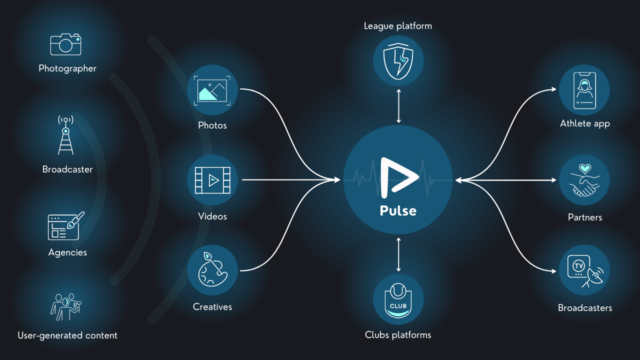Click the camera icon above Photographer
point(65,44)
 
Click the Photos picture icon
point(212,90)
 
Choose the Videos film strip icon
point(212,180)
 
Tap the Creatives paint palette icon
point(212,270)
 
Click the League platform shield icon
point(398,60)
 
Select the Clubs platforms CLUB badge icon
point(398,299)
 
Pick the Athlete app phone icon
point(584,90)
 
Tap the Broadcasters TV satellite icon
point(584,270)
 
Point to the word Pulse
point(398,210)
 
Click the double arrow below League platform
point(398,105)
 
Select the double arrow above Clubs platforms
point(398,254)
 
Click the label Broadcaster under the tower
point(67,169)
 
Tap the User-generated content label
point(67,335)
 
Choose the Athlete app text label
point(585,123)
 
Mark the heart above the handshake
point(584,168)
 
